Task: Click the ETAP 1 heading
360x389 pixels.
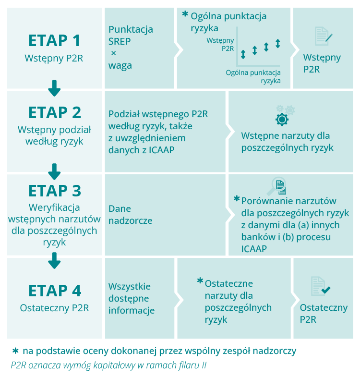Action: point(54,40)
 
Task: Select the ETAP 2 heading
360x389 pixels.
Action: point(55,112)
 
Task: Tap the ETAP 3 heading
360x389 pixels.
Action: point(55,191)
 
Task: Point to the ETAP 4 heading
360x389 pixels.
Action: point(55,291)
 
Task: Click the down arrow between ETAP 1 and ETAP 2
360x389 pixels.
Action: point(54,88)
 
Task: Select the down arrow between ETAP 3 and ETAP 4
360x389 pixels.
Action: point(54,260)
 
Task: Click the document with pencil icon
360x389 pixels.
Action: point(324,36)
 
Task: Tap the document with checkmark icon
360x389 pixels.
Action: point(320,286)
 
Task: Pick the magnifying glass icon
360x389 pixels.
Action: point(276,186)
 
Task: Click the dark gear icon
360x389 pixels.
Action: point(282,119)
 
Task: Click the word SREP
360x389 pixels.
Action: point(120,41)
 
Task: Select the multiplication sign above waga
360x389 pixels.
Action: point(114,53)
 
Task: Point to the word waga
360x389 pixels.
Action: point(120,66)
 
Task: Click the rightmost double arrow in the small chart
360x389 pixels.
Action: point(278,43)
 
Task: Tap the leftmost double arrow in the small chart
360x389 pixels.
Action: point(243,54)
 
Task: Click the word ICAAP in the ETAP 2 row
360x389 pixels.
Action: point(162,150)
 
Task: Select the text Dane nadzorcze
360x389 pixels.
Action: point(131,215)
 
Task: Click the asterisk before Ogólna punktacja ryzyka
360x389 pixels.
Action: point(185,14)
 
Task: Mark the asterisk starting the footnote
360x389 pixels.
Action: point(15,351)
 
